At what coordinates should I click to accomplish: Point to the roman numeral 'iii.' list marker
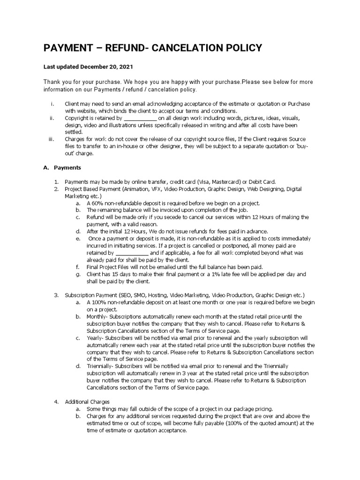[x=52, y=139]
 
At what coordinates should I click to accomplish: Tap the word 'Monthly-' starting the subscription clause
[x=97, y=316]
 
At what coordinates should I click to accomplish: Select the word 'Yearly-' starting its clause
[x=96, y=338]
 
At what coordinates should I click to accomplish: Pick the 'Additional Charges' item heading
[x=87, y=402]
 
